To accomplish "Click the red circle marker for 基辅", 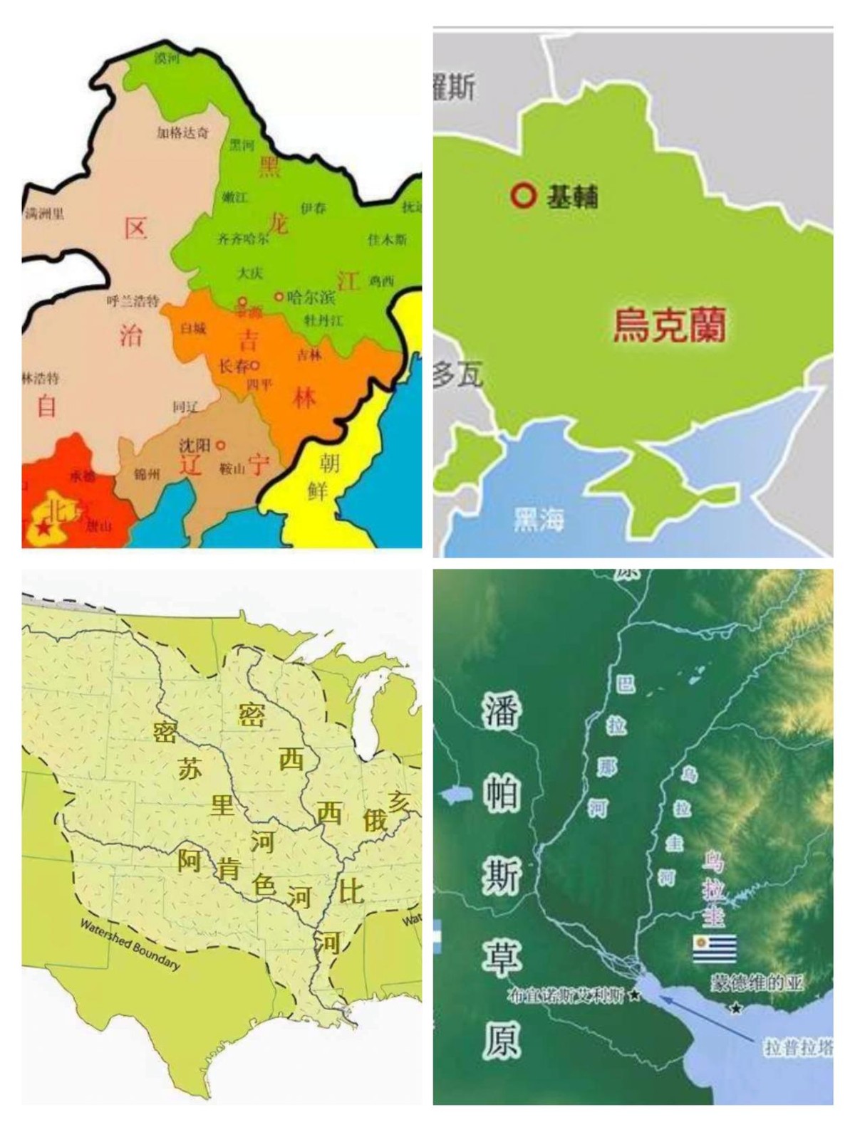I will (523, 194).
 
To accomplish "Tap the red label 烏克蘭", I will (670, 325).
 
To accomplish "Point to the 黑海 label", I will (539, 520).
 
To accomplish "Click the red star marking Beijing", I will (44, 529).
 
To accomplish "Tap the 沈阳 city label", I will (195, 446).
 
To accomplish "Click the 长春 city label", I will (234, 367).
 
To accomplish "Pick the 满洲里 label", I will (44, 213).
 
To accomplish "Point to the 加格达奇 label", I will (183, 132).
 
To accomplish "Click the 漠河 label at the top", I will (167, 58).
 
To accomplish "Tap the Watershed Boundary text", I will (130, 944).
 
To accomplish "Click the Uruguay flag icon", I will (714, 949).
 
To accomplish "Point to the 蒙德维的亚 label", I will (757, 984).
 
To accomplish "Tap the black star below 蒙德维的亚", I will (736, 1007).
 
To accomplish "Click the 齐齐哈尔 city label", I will (243, 239).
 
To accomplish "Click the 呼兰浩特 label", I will (133, 301).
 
